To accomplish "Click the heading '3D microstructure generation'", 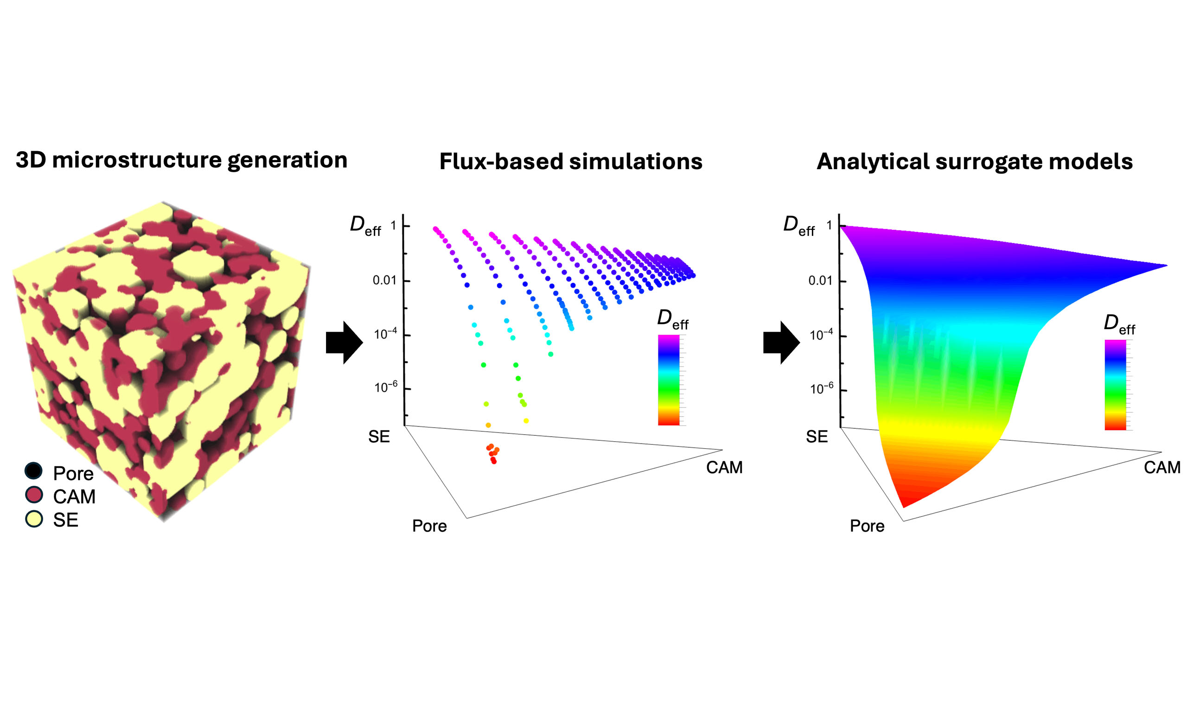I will (181, 160).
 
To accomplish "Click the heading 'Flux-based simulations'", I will (570, 161).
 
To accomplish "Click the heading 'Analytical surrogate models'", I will (975, 161).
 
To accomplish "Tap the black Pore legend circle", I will (33, 470).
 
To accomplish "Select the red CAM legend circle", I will (33, 495).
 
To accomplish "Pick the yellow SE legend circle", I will (33, 519).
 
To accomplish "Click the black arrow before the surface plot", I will (781, 343).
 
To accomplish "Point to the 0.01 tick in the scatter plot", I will (385, 280).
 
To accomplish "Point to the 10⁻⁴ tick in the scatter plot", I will (385, 334).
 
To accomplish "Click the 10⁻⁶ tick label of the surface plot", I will (822, 388).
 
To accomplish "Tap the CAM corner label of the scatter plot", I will (724, 467).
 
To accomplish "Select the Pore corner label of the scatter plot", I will (429, 526).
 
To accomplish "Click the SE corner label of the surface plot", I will (817, 437).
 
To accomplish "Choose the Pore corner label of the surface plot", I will (867, 526).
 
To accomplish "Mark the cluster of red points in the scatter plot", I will (493, 453).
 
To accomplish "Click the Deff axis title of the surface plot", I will (798, 225).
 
